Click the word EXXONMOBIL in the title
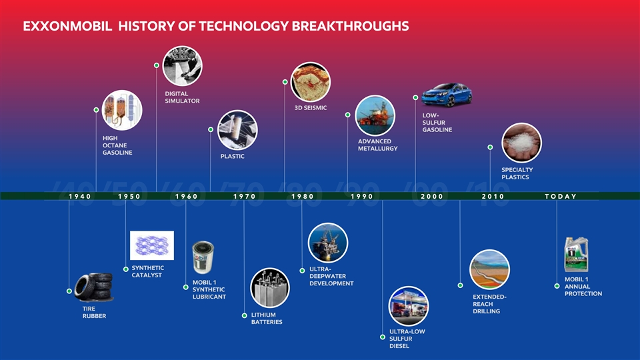(x=67, y=26)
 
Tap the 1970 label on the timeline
(x=245, y=196)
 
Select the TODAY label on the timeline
(x=561, y=196)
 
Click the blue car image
(x=447, y=95)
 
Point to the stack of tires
(x=94, y=287)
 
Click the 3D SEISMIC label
(x=311, y=108)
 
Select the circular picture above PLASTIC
(x=237, y=130)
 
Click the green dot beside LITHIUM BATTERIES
(x=244, y=315)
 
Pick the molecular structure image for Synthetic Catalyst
(x=152, y=245)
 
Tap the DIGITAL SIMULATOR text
(x=182, y=97)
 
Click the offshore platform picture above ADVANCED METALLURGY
(x=375, y=115)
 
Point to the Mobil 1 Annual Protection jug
(x=576, y=255)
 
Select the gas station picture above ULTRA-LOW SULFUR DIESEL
(x=409, y=306)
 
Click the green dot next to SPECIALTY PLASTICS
(x=490, y=147)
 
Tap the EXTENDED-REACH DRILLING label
(x=489, y=304)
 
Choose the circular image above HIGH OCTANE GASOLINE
(x=122, y=110)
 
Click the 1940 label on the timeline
(x=80, y=196)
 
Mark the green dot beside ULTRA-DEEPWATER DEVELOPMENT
(x=302, y=271)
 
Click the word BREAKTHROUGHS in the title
(x=350, y=26)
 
